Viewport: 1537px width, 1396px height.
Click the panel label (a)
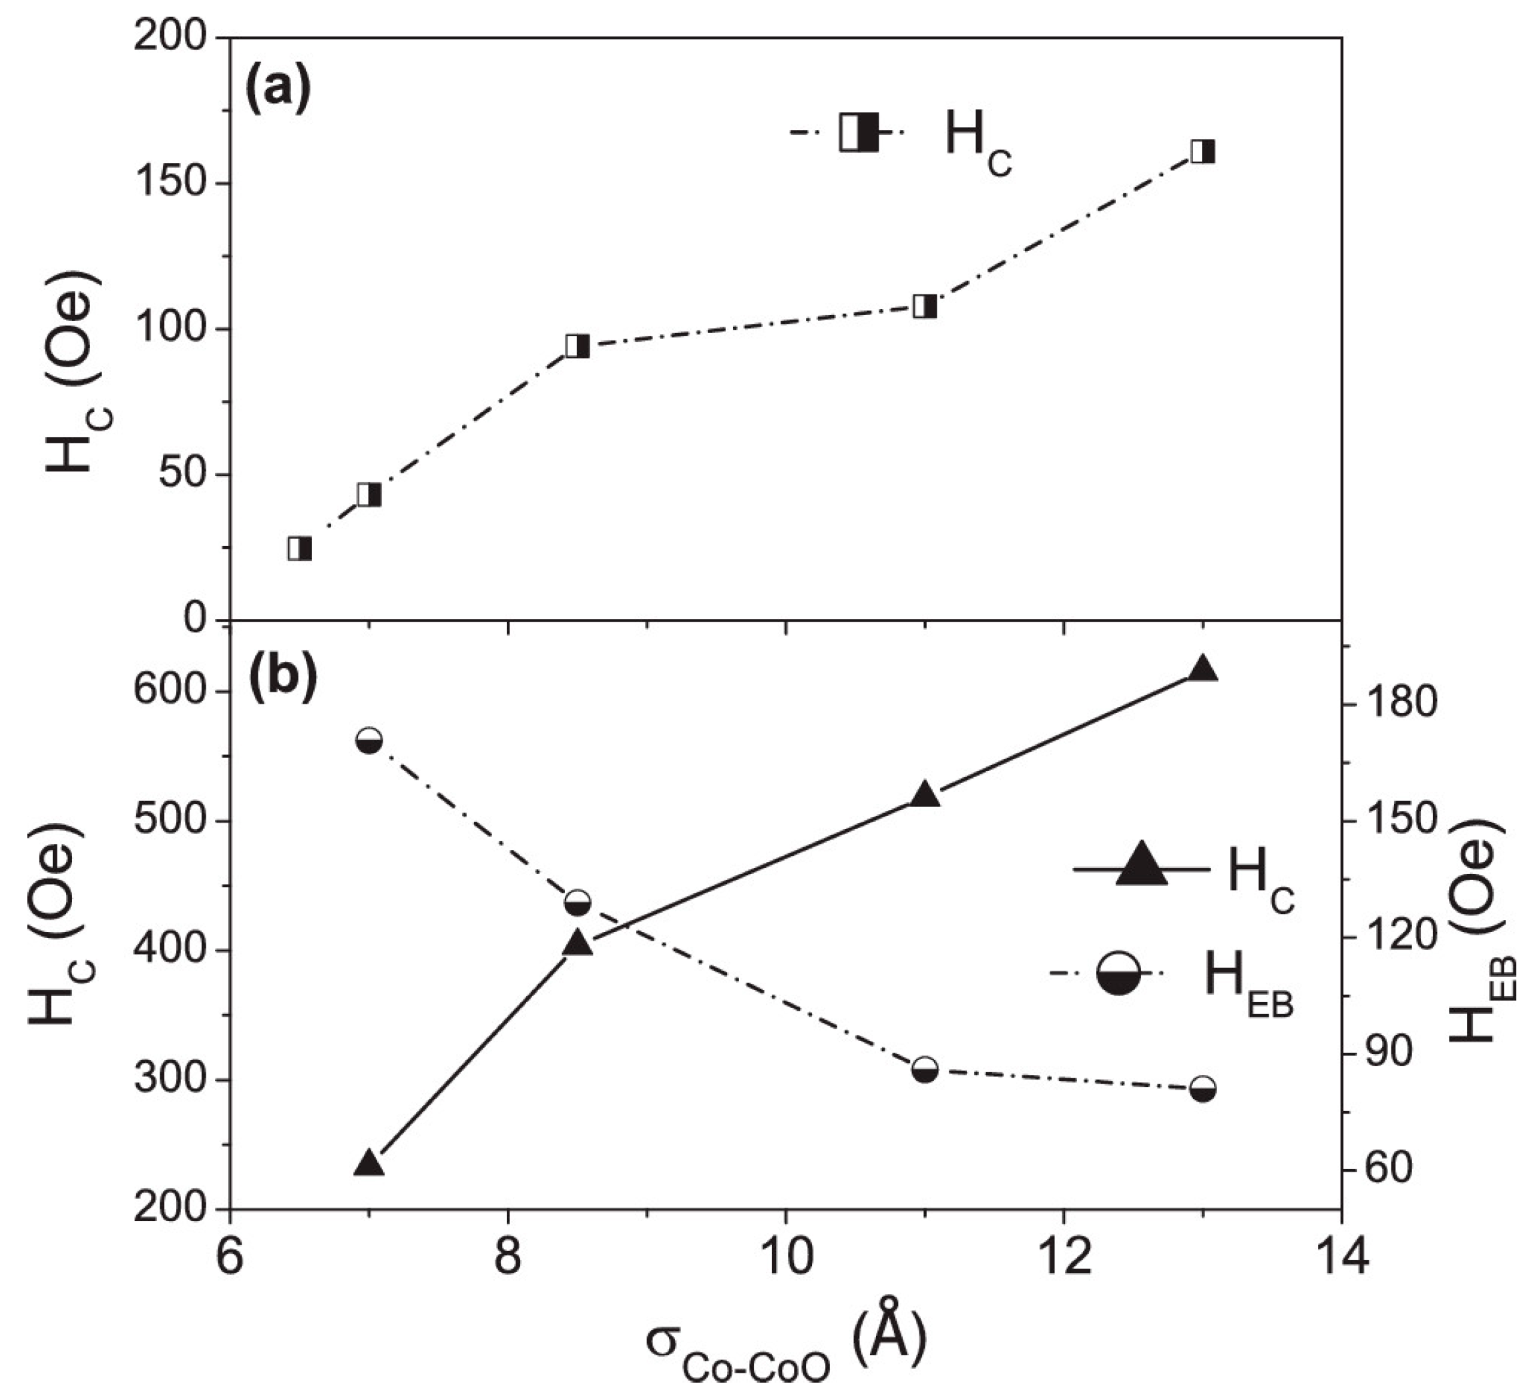[278, 90]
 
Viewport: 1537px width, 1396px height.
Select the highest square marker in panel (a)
[1202, 151]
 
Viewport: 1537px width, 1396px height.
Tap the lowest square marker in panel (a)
[300, 549]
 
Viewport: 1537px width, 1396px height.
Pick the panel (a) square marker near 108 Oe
[925, 306]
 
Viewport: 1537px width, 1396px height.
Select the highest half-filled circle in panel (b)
[369, 740]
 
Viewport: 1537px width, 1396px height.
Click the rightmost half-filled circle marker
[1202, 1090]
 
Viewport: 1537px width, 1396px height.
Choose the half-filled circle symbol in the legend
[1118, 973]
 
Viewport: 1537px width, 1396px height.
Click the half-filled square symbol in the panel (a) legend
[859, 133]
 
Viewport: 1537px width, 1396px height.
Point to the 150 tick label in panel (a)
[172, 184]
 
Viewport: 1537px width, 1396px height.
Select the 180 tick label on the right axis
[1399, 703]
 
